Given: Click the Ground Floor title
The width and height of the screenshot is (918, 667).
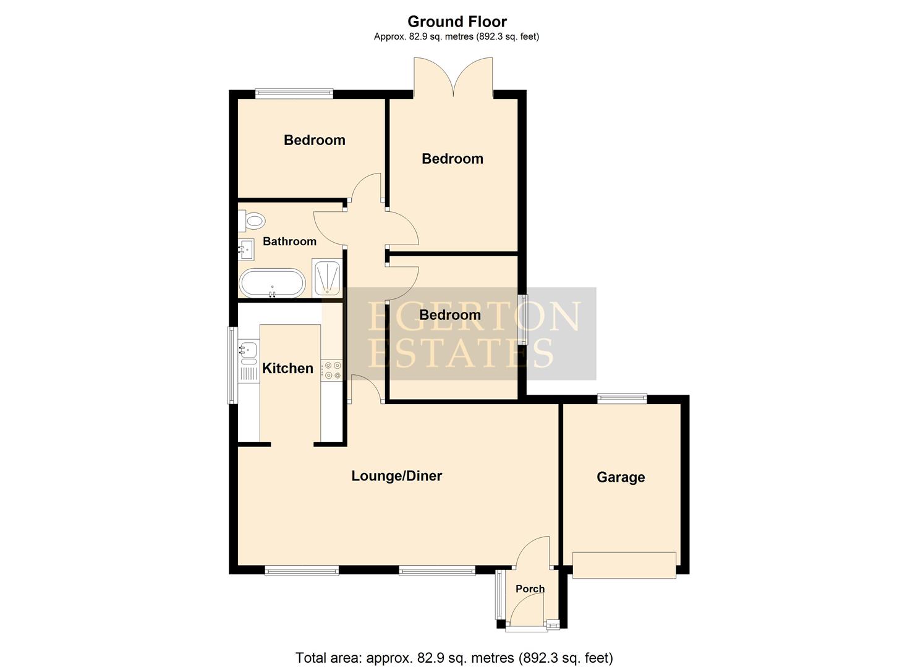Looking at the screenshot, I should coord(457,22).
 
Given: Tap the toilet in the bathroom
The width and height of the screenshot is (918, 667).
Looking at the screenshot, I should coord(253,220).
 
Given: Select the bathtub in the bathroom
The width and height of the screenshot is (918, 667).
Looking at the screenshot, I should coord(272,283).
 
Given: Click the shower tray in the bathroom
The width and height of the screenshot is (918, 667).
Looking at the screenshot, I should coord(326,277).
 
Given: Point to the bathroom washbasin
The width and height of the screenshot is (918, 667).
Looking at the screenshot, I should coord(245,250).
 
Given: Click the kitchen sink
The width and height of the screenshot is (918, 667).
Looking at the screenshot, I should coord(249,350).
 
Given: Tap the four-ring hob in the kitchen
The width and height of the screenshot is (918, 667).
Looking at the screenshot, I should coord(333,370).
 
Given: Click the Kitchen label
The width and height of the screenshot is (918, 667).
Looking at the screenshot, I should coord(287,369).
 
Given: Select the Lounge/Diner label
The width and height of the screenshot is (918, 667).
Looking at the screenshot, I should coord(396,476).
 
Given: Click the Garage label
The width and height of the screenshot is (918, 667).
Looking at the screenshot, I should coord(621,477).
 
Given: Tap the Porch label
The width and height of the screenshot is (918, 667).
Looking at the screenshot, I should coord(530,589).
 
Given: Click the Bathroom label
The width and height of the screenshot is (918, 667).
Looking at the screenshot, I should coord(289,241).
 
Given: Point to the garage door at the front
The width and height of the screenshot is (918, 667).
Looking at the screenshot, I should coord(624,565).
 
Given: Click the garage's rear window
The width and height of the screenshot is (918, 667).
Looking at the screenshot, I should coord(622,398).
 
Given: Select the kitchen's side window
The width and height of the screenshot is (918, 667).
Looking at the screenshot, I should coord(233,364).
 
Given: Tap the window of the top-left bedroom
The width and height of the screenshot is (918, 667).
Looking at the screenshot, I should coord(294,94).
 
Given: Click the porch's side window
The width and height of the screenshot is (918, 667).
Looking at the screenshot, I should coord(499,595).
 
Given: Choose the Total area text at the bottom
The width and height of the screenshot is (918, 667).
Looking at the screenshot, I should coord(454,658).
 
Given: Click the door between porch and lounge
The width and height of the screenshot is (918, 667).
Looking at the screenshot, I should coord(533,554).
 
